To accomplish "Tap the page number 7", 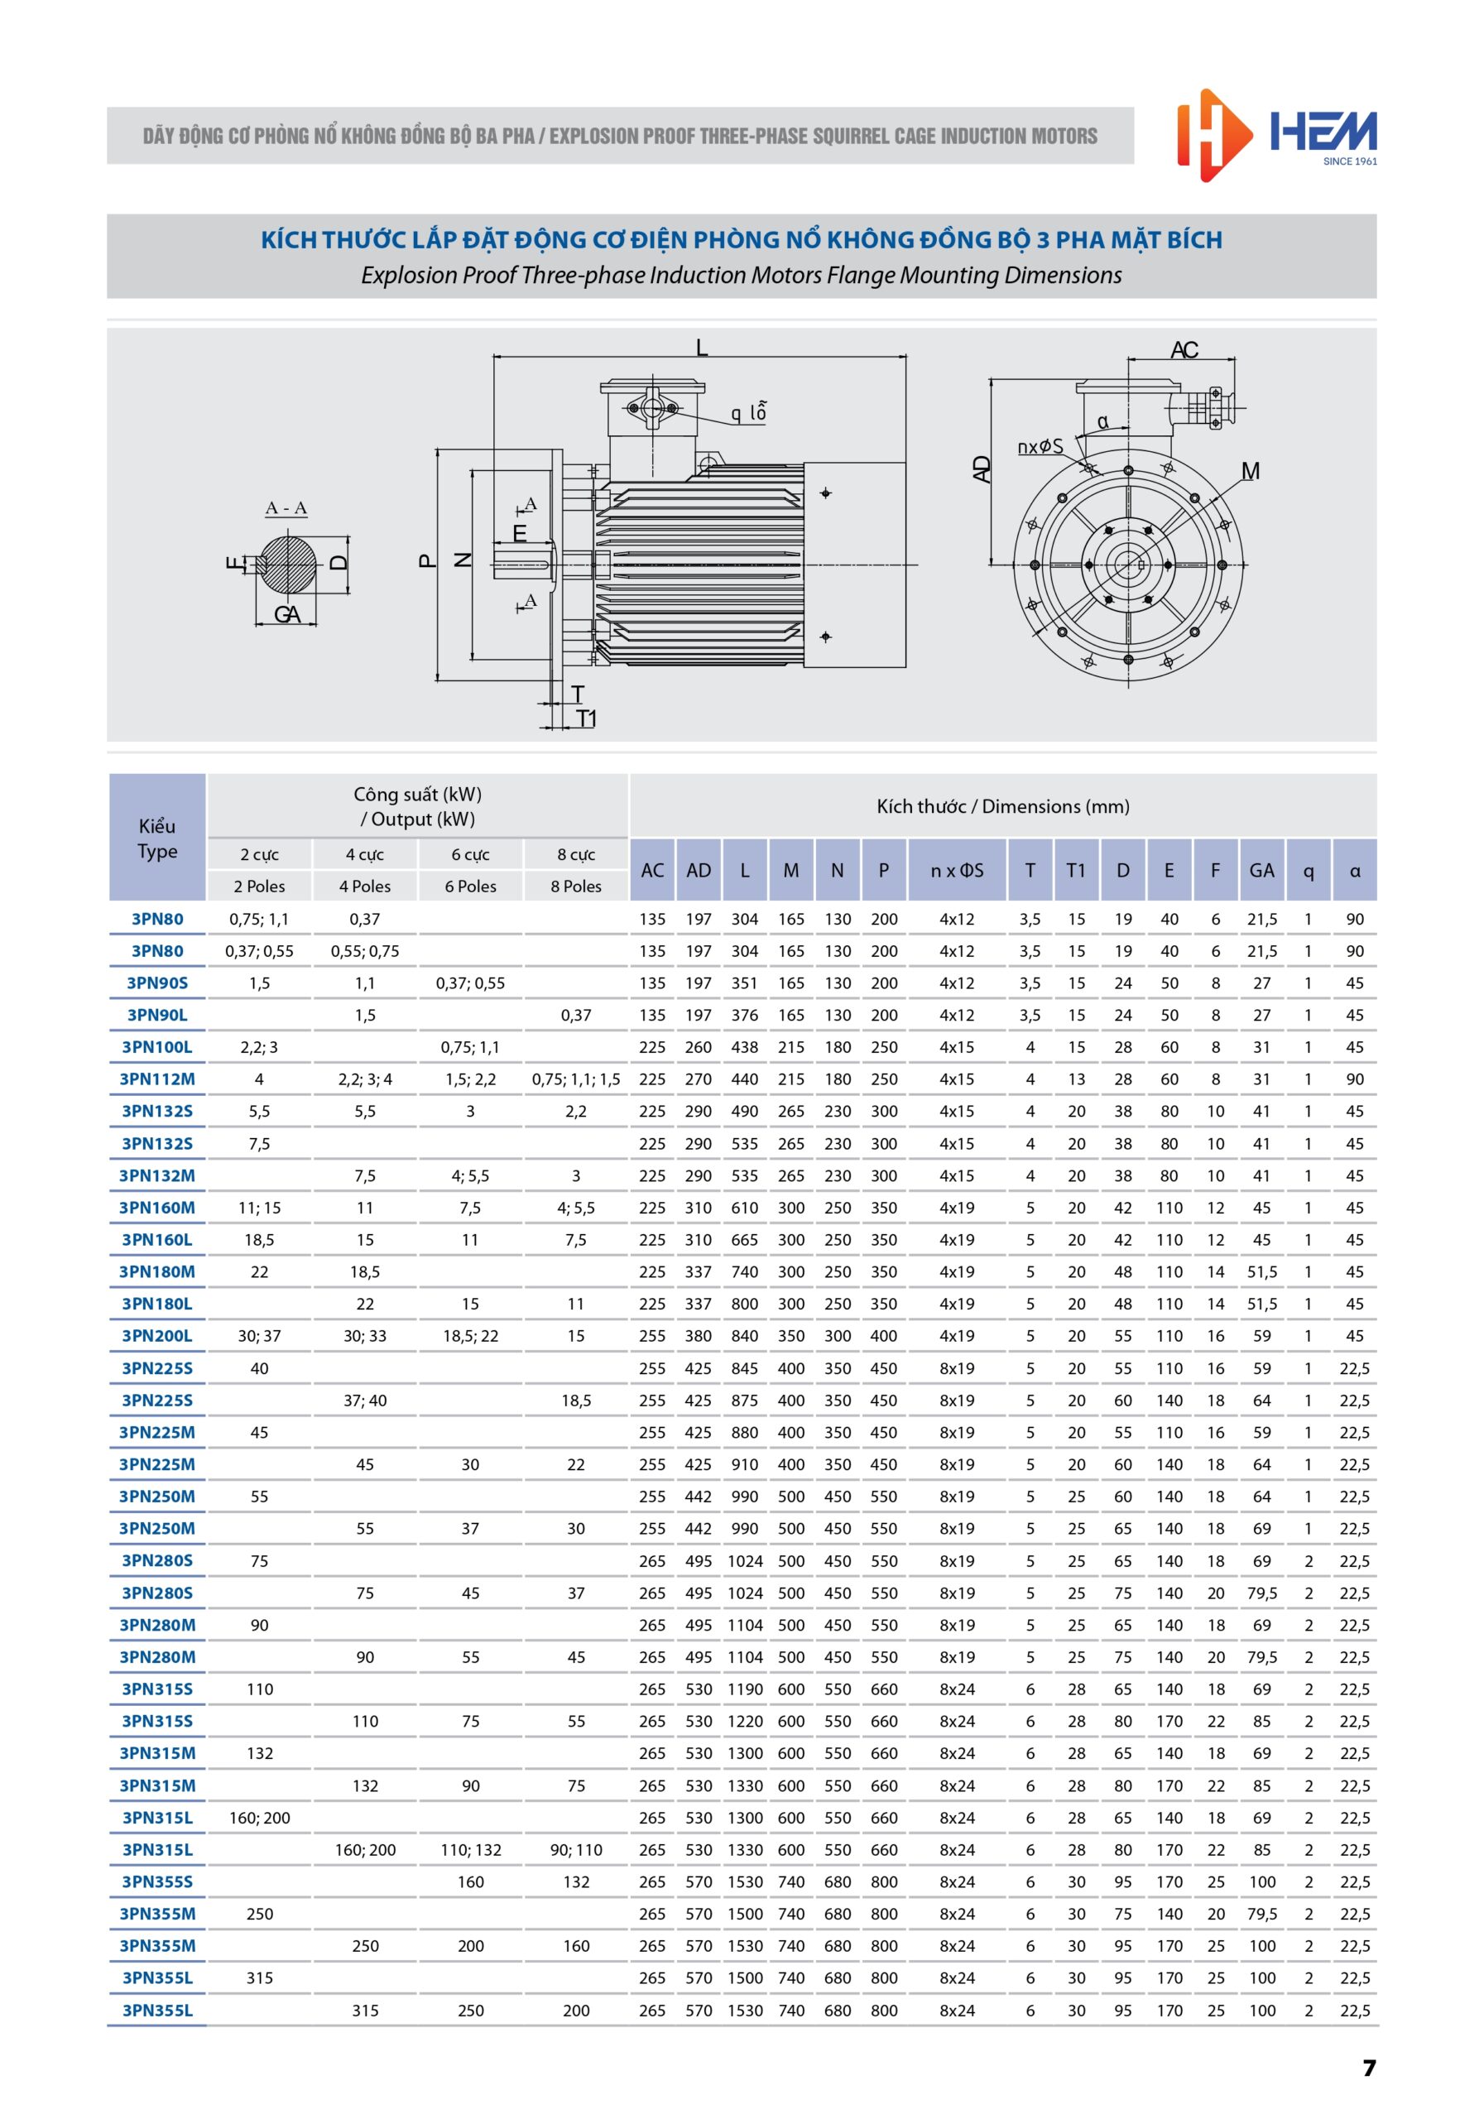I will pyautogui.click(x=1369, y=2069).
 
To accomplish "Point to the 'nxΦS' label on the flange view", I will pyautogui.click(x=1040, y=447).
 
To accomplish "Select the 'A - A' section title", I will pyautogui.click(x=286, y=507).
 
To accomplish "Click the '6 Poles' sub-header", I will pyautogui.click(x=471, y=886).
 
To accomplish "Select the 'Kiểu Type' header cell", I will pyautogui.click(x=157, y=838).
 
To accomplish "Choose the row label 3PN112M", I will pyautogui.click(x=157, y=1079).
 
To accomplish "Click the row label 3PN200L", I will pyautogui.click(x=157, y=1335).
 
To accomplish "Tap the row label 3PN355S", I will pyautogui.click(x=157, y=1881).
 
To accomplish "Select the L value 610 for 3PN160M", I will pyautogui.click(x=744, y=1207).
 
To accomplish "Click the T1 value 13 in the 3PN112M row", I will pyautogui.click(x=1076, y=1079).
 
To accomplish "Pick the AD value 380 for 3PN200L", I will pyautogui.click(x=698, y=1335).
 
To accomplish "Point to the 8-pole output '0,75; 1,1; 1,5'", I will pyautogui.click(x=576, y=1079).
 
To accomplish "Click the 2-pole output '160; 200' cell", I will pyautogui.click(x=259, y=1817).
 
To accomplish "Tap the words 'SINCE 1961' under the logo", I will pyautogui.click(x=1349, y=161).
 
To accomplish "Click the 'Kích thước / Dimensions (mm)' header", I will pyautogui.click(x=1002, y=805).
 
